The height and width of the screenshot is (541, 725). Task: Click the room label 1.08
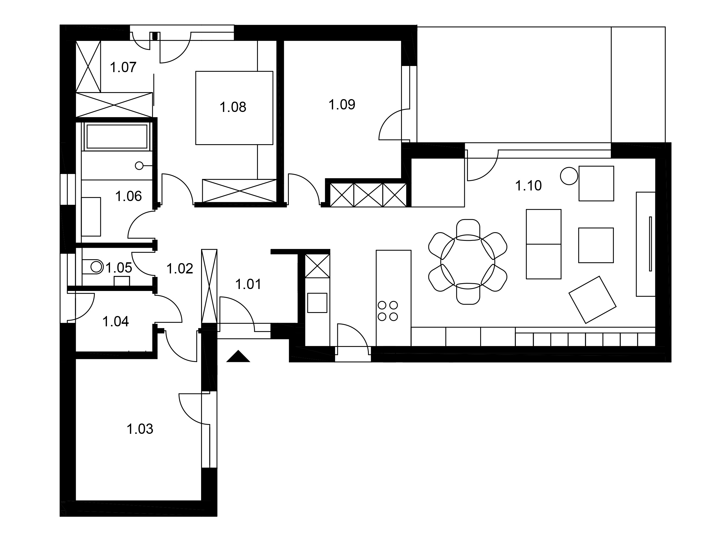click(x=233, y=107)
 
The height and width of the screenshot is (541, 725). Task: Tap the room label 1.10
click(x=528, y=186)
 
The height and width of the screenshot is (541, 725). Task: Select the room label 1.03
click(x=140, y=429)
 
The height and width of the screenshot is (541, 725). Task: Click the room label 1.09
click(x=342, y=104)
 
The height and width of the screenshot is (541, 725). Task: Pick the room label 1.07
click(x=123, y=67)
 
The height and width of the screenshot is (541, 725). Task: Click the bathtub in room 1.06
click(x=117, y=136)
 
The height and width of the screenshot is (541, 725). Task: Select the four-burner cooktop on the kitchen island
click(x=388, y=311)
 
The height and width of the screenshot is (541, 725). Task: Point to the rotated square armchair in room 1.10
click(x=592, y=300)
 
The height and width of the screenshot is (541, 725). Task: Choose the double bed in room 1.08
click(x=234, y=108)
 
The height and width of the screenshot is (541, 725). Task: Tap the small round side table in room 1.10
click(x=569, y=176)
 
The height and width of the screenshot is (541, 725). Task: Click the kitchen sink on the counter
click(x=317, y=303)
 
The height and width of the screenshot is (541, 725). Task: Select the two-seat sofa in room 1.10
click(x=543, y=244)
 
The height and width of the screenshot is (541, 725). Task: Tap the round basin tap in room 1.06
click(x=139, y=166)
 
